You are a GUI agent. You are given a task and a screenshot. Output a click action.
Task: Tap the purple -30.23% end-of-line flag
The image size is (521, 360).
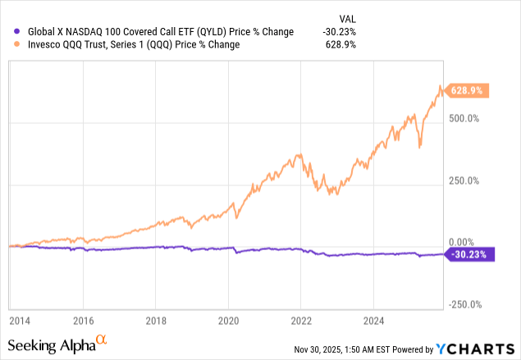470,254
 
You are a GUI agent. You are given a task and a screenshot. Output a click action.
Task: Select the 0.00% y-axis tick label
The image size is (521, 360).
464,243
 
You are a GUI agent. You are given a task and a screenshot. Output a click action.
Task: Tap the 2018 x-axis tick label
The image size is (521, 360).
156,319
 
